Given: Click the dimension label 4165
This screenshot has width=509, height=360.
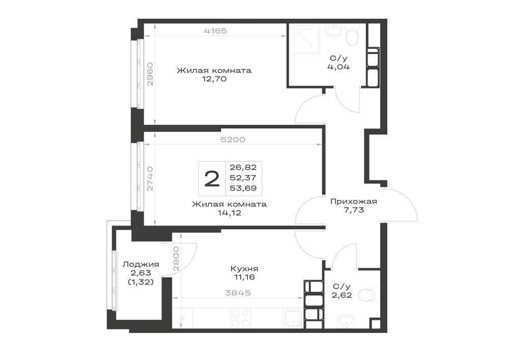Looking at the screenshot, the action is pos(215,31).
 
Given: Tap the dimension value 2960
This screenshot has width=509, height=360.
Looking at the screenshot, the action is pos(150,74).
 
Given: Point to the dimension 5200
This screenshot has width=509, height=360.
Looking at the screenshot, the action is pos(233,140).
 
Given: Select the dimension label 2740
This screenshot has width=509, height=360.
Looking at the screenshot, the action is pos(150,179).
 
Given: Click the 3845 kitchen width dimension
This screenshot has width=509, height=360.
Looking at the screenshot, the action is pos(238,293).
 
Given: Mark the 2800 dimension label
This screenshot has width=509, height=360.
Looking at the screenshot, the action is pos(176,259).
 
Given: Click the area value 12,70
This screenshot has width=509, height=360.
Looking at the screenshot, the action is pos(214,79).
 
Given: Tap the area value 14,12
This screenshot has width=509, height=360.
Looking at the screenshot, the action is pos(229,213).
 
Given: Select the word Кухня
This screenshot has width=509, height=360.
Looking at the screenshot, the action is pos(244,269).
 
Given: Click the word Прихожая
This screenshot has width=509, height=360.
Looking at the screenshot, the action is pos(354,201).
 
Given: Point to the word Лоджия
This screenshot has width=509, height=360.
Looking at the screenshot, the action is pos(140,265).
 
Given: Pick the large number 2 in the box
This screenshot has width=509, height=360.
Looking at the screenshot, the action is pos(212,179).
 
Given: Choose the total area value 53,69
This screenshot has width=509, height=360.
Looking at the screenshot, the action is pos(243,188).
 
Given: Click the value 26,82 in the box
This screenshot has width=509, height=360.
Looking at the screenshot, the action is pos(243,168).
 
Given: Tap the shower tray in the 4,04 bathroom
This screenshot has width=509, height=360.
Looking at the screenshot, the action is pos(304,39).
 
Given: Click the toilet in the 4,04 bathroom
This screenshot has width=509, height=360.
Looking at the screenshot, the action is pos(352,35).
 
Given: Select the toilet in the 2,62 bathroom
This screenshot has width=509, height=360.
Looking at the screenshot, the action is pos(371,295).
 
